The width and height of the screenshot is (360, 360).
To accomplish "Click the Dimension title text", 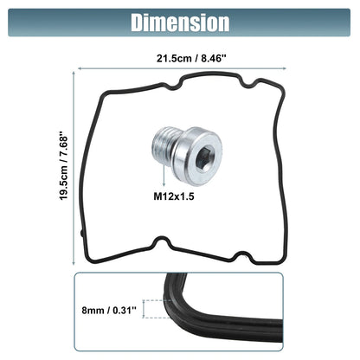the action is click(180, 22).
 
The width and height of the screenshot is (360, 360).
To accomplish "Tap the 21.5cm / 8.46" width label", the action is click(191, 58).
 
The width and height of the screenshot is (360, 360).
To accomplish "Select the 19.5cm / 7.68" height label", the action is click(63, 166).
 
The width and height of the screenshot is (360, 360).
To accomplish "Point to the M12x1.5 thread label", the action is click(174, 196).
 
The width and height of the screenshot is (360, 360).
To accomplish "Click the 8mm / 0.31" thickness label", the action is click(109, 311).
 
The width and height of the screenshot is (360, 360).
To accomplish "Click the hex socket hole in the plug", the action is click(205, 158).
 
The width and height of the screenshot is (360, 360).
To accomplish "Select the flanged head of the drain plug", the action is click(197, 156).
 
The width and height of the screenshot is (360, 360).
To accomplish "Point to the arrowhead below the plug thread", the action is click(164, 184).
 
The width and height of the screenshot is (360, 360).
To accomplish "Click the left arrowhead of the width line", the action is click(80, 68).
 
